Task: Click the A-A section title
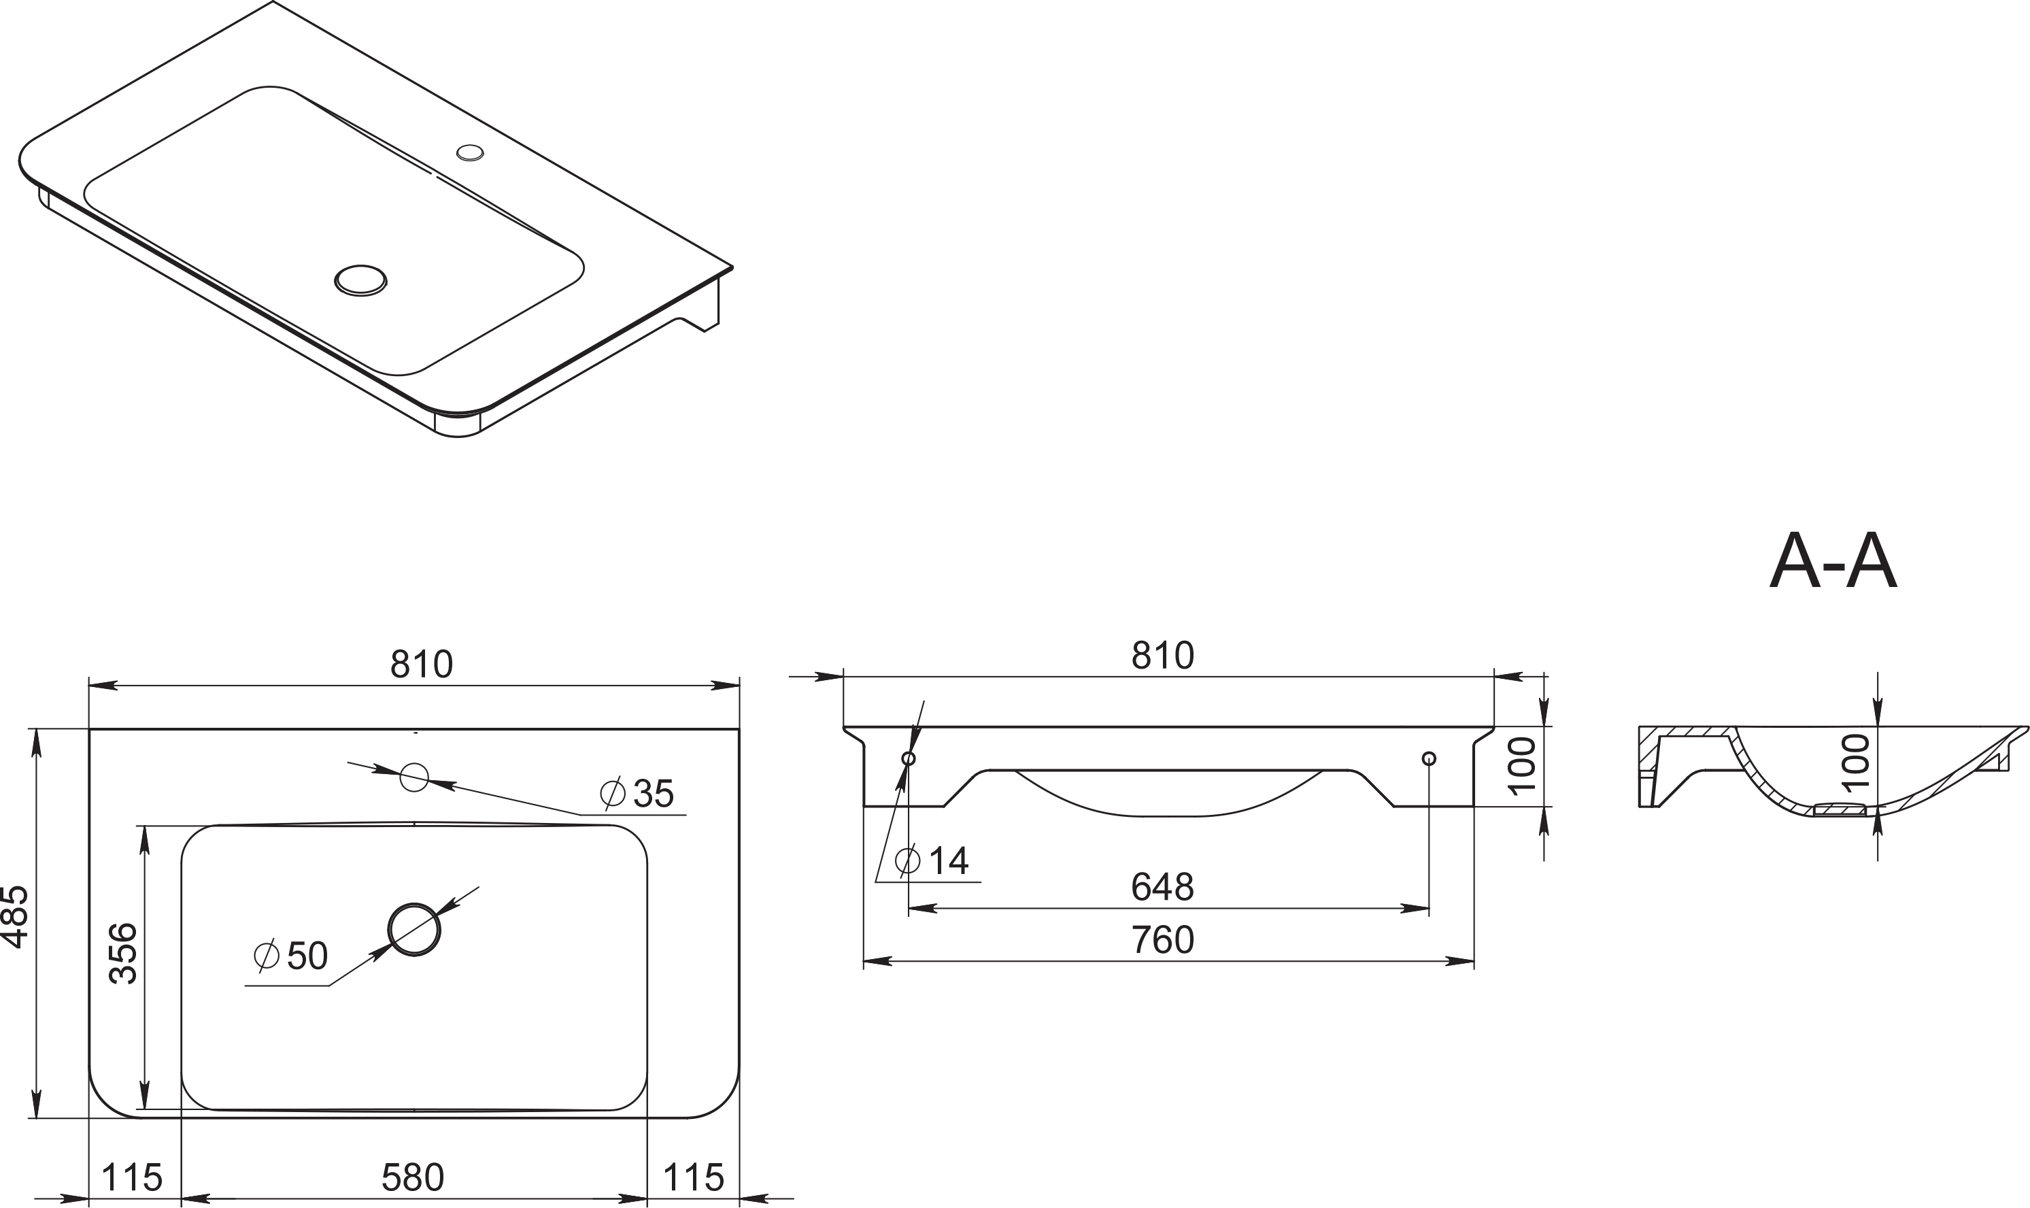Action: (x=1833, y=563)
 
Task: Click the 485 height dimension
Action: (x=16, y=918)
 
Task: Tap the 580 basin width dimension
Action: (x=413, y=1177)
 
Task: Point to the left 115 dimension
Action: (x=132, y=1177)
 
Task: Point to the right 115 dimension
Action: (x=693, y=1177)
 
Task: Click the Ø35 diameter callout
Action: (x=637, y=794)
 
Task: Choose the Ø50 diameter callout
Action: (x=290, y=956)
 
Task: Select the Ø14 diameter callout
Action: (x=932, y=860)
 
